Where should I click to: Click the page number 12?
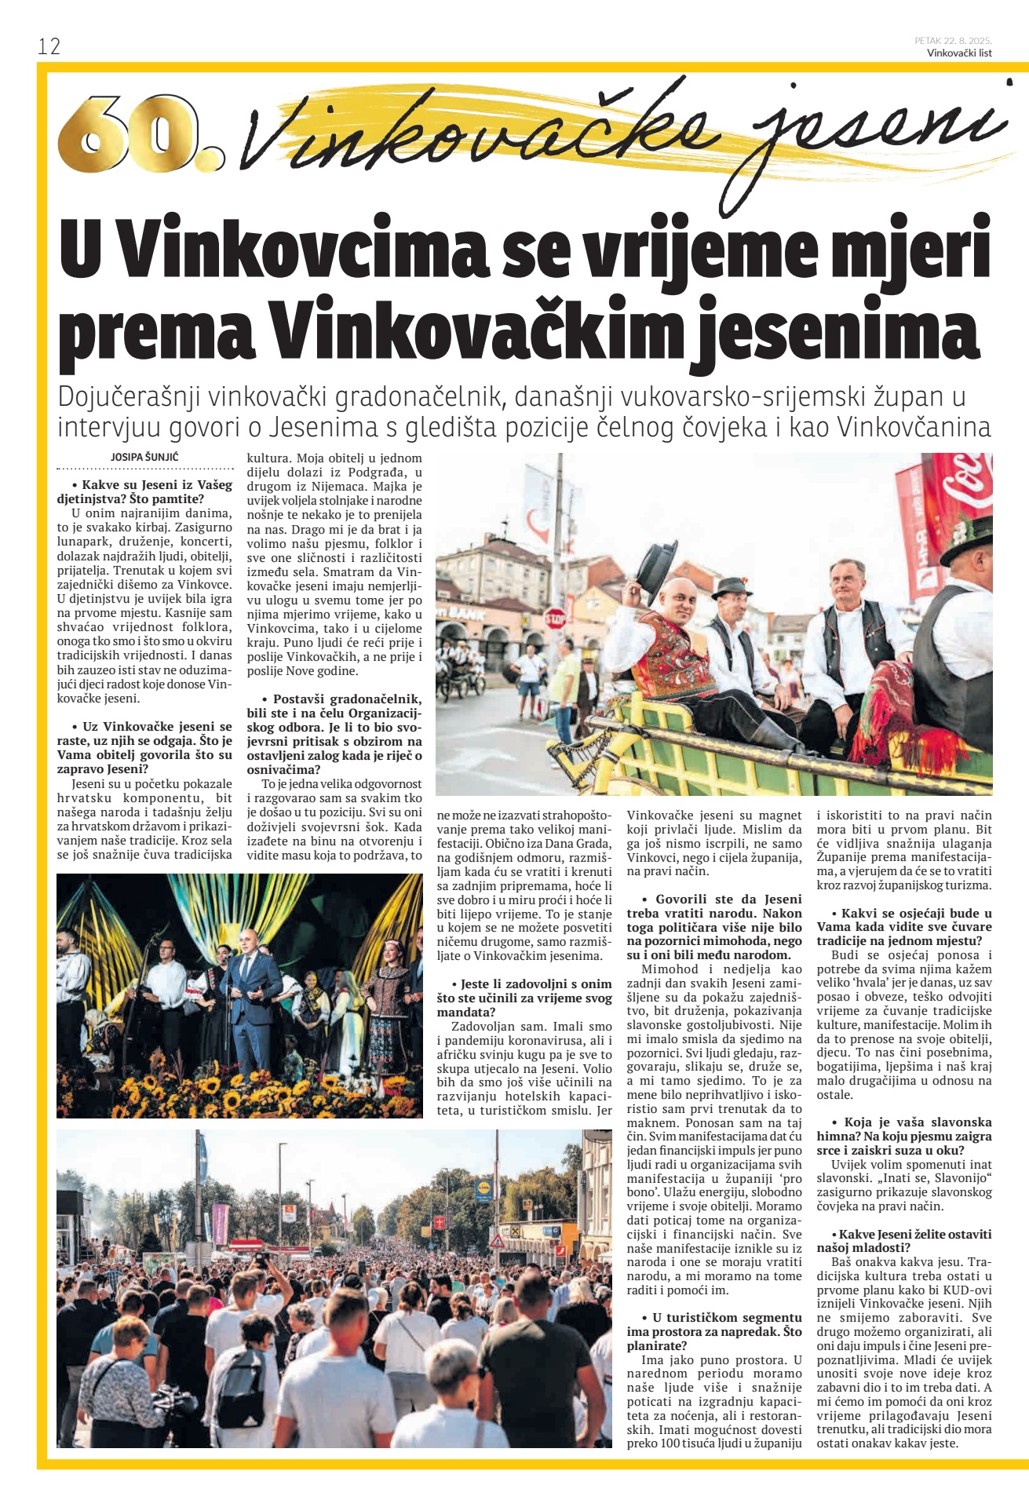[x=49, y=46]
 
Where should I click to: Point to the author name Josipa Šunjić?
[x=145, y=457]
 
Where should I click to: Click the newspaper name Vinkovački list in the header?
[x=959, y=53]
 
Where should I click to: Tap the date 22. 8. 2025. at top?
[x=968, y=41]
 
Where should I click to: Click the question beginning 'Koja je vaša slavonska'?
[x=903, y=1129]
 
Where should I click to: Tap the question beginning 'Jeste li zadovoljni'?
[x=524, y=991]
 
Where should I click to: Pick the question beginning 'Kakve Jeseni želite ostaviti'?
[x=903, y=1240]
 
